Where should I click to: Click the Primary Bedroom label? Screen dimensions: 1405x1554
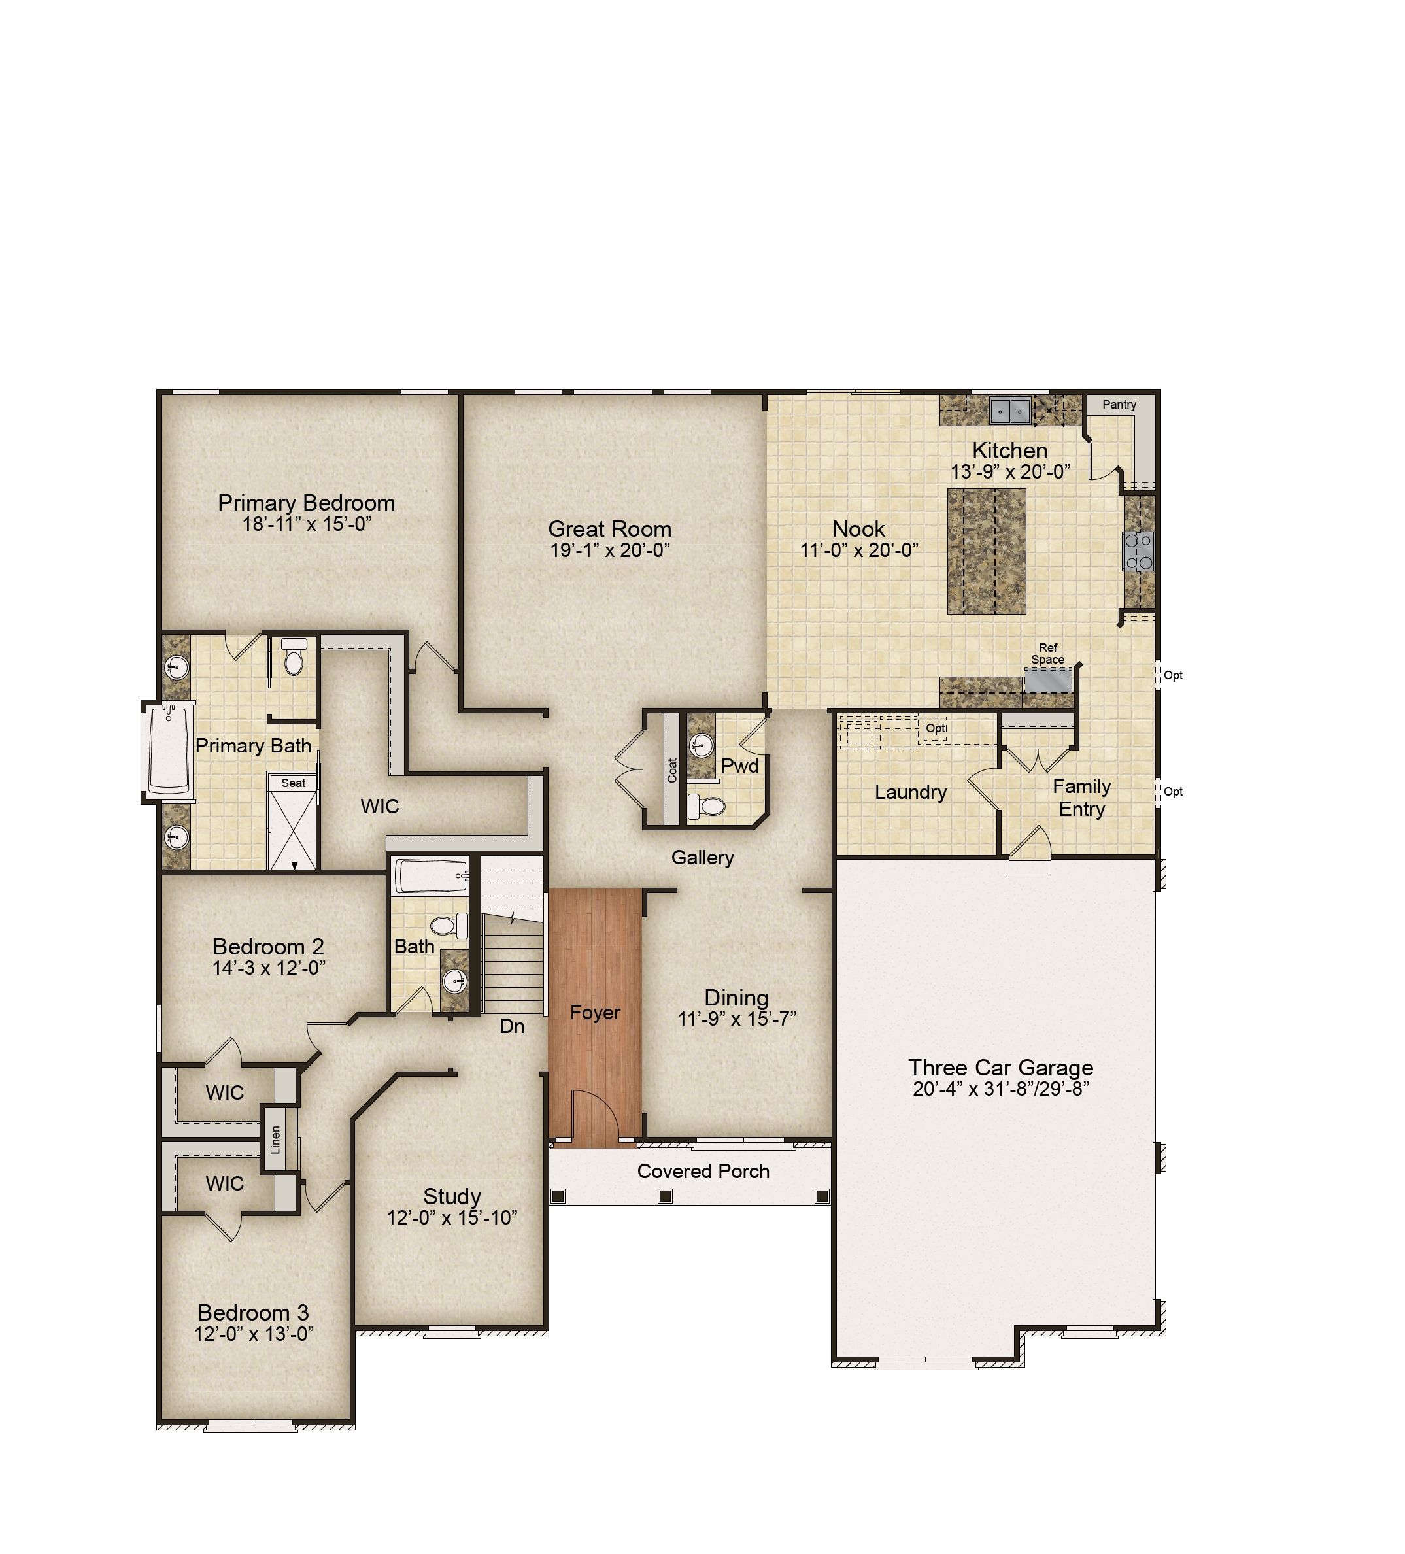(306, 503)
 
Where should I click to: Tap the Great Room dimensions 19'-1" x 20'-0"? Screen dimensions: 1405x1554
(609, 550)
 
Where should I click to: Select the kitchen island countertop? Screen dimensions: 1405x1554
(986, 551)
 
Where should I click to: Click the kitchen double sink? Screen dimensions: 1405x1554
(1010, 411)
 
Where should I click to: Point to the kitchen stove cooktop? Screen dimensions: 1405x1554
(1139, 551)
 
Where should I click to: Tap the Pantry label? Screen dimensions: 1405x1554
(1119, 405)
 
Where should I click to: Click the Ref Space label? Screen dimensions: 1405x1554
(1047, 654)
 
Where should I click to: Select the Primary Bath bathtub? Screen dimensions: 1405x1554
(168, 751)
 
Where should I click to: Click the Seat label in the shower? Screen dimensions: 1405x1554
(293, 783)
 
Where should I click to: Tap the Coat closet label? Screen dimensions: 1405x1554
(672, 770)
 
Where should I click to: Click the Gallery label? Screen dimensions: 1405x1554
(702, 858)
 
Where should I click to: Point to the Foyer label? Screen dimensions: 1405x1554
(595, 1013)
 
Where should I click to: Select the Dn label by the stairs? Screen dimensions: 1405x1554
(512, 1026)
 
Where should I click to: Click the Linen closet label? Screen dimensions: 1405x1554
(275, 1140)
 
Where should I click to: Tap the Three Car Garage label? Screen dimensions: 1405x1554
(1000, 1068)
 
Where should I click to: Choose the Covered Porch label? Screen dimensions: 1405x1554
(703, 1172)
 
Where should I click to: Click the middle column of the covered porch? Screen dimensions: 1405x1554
(666, 1196)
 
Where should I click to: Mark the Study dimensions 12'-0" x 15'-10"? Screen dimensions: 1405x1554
(452, 1218)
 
